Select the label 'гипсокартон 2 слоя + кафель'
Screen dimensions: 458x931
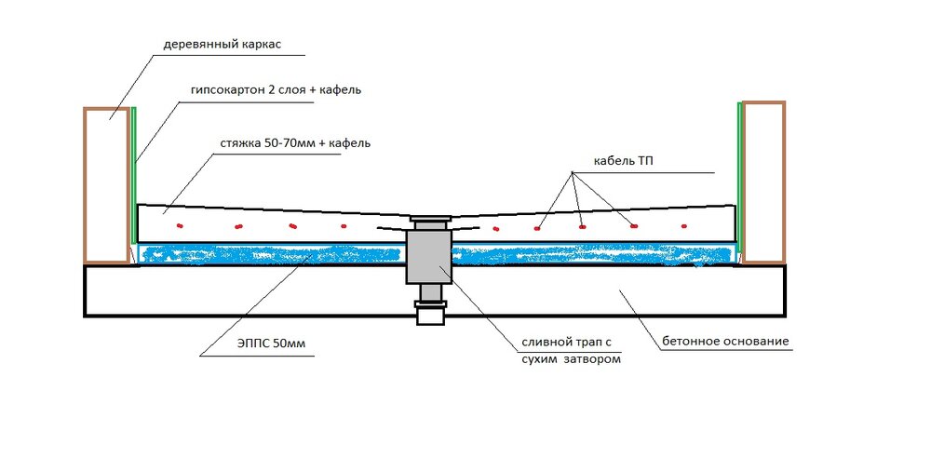pyautogui.click(x=266, y=90)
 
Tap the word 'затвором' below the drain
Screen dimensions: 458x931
pyautogui.click(x=591, y=358)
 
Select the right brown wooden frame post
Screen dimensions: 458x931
pyautogui.click(x=762, y=182)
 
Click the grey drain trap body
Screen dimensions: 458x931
pyautogui.click(x=428, y=257)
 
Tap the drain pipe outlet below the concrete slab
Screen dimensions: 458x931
pyautogui.click(x=429, y=314)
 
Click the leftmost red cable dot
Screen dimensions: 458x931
pyautogui.click(x=181, y=226)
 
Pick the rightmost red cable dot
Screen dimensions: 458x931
pyautogui.click(x=684, y=226)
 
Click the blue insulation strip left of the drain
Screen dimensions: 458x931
pyautogui.click(x=270, y=254)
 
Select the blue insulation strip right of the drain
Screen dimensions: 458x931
pyautogui.click(x=596, y=254)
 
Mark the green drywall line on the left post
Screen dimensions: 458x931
pyautogui.click(x=134, y=177)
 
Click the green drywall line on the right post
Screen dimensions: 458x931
pyautogui.click(x=739, y=177)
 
